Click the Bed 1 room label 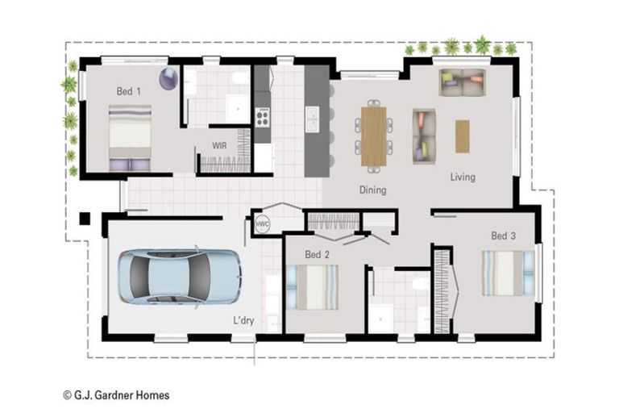pos(128,91)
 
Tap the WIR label pos(218,146)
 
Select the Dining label pos(372,190)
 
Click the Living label pos(463,177)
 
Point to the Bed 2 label pos(317,255)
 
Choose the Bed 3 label pos(503,236)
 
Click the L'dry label pos(243,320)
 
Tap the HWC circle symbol pos(263,223)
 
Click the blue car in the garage pos(179,277)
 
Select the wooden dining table pos(373,136)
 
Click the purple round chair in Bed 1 pos(168,79)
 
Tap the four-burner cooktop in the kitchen pos(262,117)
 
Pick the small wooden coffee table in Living pos(462,136)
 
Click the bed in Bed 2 pos(313,287)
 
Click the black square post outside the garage pos(84,218)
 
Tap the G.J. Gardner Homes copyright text pos(116,395)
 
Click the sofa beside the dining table pos(424,136)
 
